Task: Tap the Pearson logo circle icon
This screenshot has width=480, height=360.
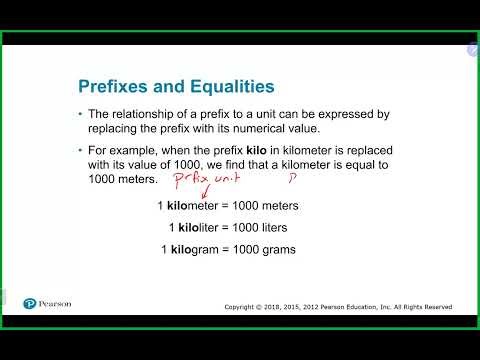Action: [30, 303]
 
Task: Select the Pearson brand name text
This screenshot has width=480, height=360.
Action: [56, 303]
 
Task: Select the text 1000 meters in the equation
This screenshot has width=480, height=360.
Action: [272, 206]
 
